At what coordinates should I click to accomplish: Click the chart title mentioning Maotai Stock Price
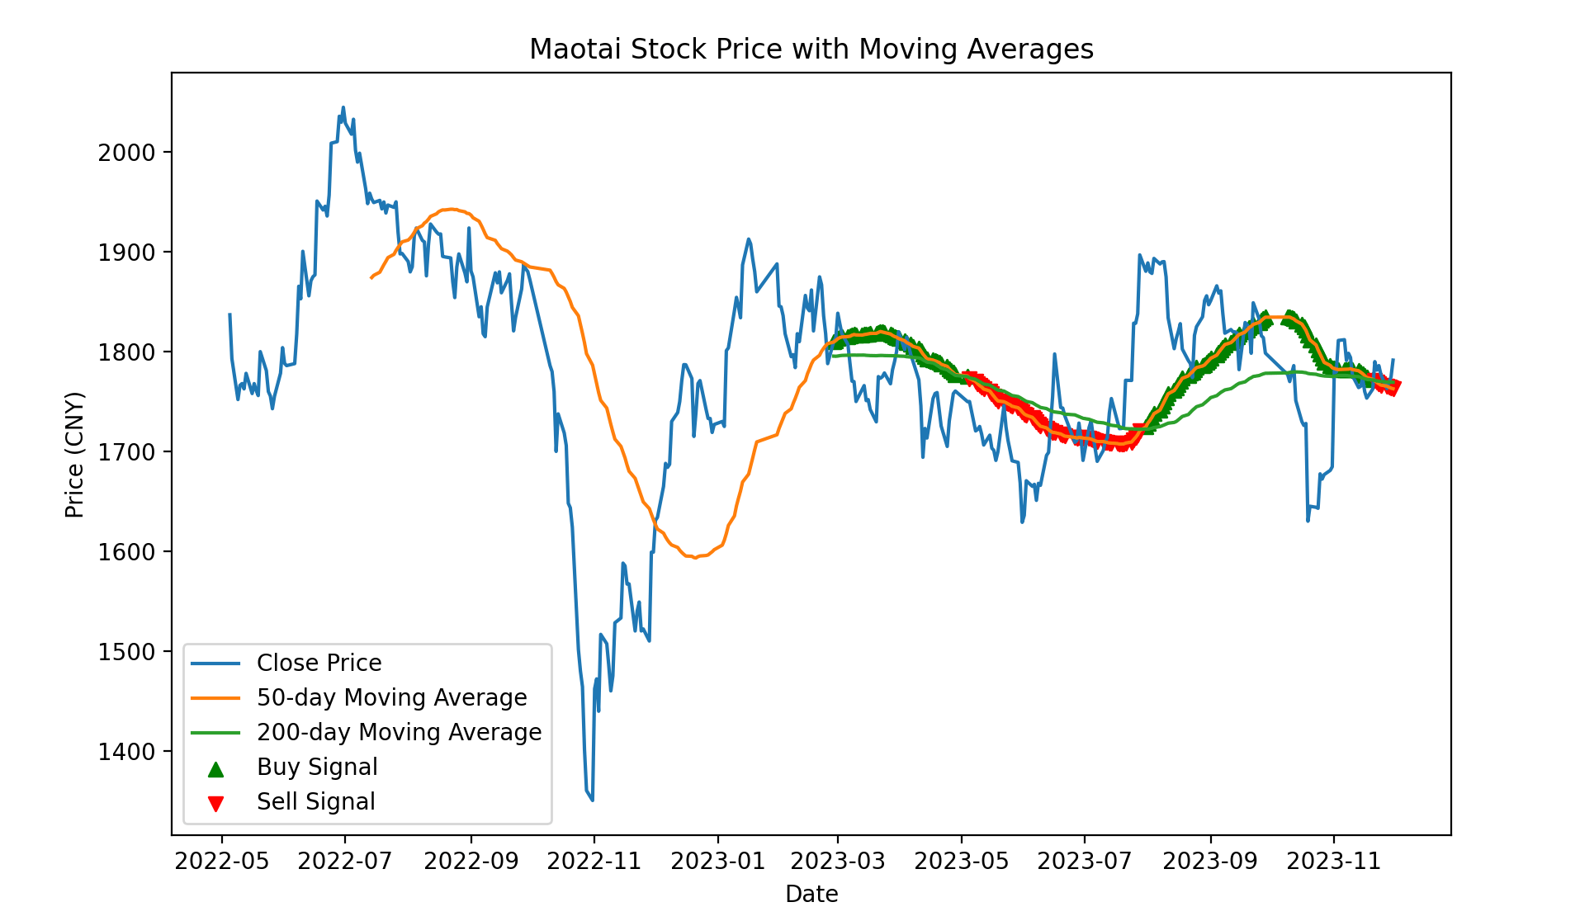[x=811, y=50]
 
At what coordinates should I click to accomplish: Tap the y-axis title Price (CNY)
[x=75, y=455]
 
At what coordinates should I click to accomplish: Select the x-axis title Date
[x=811, y=894]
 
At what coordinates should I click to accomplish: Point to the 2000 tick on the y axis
[x=126, y=153]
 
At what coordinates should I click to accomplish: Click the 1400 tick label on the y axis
[x=126, y=752]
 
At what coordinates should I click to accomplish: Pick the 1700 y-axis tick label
[x=126, y=452]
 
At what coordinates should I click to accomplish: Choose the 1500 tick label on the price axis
[x=126, y=652]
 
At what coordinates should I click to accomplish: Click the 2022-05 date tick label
[x=222, y=862]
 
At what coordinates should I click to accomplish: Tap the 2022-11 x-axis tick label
[x=594, y=862]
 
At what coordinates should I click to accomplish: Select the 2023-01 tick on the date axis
[x=717, y=862]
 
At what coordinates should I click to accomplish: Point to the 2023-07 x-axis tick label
[x=1084, y=862]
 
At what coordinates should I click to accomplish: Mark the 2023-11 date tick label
[x=1333, y=862]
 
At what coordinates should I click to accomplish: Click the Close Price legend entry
[x=319, y=664]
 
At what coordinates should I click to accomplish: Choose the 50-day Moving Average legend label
[x=391, y=698]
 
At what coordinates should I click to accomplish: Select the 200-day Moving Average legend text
[x=399, y=733]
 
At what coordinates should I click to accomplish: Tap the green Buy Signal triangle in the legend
[x=215, y=769]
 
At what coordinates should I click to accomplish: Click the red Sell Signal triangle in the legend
[x=215, y=803]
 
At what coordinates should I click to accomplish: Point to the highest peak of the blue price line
[x=343, y=107]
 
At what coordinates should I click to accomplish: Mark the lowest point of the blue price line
[x=593, y=800]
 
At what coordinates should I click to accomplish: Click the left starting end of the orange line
[x=371, y=278]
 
